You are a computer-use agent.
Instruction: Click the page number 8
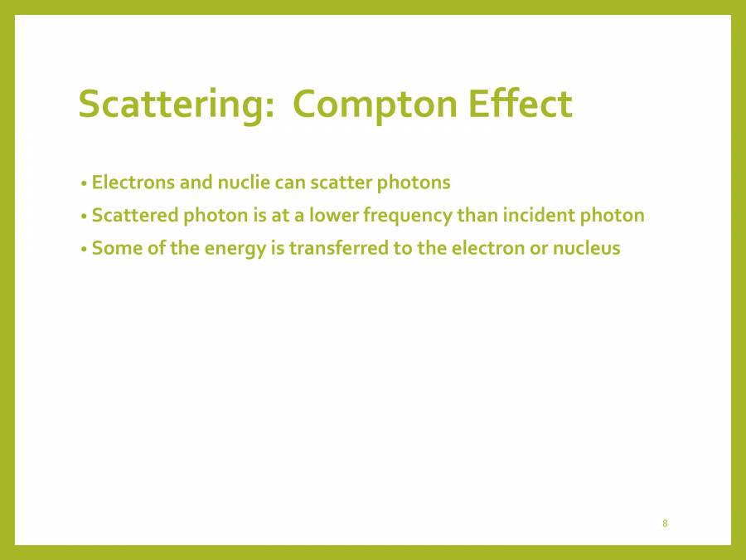pos(666,523)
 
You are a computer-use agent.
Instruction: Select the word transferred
pos(338,248)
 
